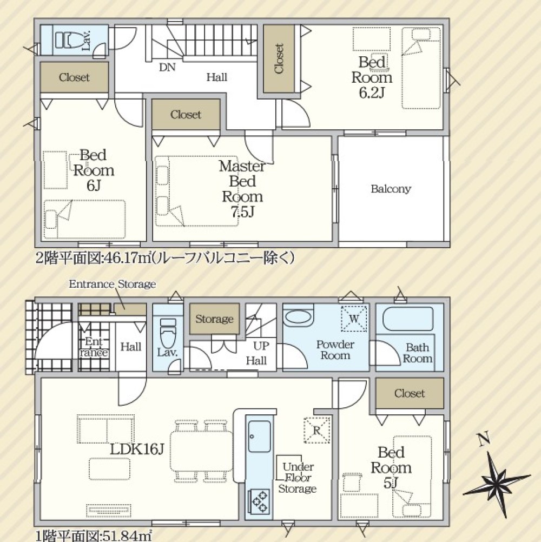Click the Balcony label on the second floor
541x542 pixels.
[391, 189]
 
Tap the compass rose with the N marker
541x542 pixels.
[497, 476]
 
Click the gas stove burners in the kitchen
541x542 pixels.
[259, 500]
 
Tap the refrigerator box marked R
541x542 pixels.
[317, 431]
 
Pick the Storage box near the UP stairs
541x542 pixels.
[214, 319]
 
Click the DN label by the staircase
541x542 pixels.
[167, 68]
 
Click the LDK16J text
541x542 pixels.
[137, 449]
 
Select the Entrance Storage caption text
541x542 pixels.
[112, 284]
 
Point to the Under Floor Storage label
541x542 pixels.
[297, 478]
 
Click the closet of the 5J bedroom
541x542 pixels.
[410, 393]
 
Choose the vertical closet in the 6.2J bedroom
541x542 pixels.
[279, 59]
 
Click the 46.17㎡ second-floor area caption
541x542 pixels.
[165, 259]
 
